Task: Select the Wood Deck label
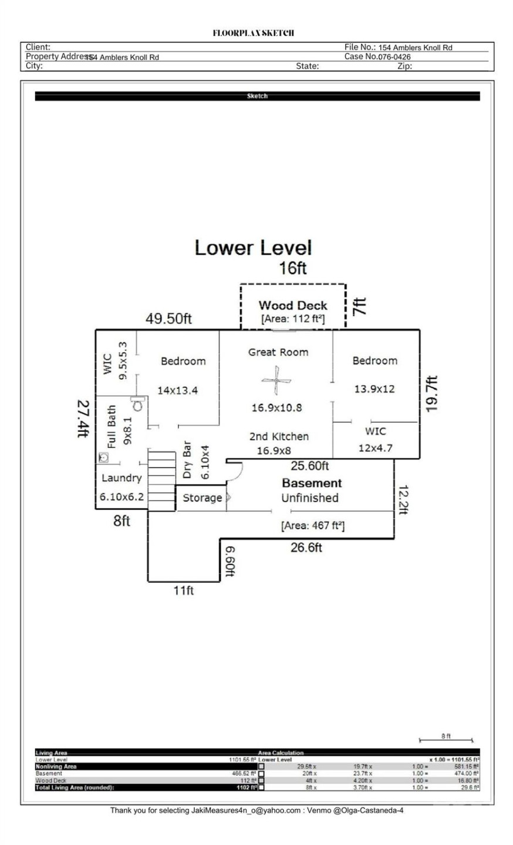(293, 305)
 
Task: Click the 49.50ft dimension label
(168, 319)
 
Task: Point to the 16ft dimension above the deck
(292, 268)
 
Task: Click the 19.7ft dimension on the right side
(432, 394)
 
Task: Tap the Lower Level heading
(253, 248)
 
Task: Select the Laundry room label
(122, 478)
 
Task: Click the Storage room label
(202, 498)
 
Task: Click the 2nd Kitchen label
(279, 436)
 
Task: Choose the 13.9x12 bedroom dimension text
(374, 388)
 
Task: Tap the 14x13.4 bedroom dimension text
(177, 390)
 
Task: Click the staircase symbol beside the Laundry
(161, 480)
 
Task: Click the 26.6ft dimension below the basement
(306, 547)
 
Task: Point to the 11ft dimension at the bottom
(183, 590)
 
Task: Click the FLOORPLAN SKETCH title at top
(253, 33)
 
